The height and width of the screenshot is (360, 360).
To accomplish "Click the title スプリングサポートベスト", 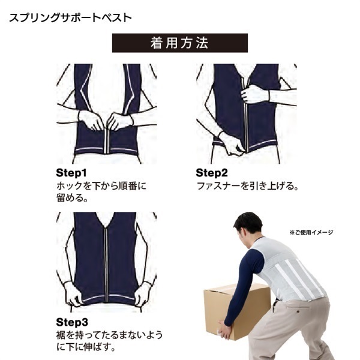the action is tap(70, 18).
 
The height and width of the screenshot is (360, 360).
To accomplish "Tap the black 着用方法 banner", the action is tap(180, 43).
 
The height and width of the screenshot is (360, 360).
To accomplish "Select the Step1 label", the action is tap(71, 173).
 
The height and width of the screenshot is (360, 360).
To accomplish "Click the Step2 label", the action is tap(212, 173).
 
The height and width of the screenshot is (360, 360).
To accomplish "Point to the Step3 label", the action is tap(72, 322).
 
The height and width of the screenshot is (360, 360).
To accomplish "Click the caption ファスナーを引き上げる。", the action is tap(247, 186).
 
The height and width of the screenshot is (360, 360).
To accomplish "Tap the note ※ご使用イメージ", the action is tap(311, 233).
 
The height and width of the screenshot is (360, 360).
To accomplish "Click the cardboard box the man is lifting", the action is tap(236, 310).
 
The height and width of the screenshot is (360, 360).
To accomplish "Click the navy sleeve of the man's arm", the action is tap(244, 287).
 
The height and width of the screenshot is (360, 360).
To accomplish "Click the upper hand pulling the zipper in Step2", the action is tap(254, 94).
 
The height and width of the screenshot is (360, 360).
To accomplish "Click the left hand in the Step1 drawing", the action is tap(91, 120).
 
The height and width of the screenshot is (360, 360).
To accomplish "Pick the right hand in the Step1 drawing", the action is tap(120, 121).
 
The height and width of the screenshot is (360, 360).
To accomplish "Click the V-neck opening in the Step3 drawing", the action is tap(106, 218).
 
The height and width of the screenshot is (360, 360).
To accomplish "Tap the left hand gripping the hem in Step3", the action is tap(73, 294).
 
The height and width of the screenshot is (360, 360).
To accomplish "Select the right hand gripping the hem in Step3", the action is tap(143, 294).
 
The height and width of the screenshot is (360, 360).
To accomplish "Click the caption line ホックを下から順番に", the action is tap(101, 186).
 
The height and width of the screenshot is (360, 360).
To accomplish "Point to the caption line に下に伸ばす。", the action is tap(86, 347).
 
